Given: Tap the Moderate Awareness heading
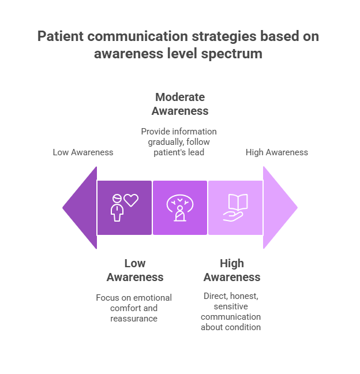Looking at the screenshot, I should coord(179,104).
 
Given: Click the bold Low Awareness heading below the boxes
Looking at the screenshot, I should coord(135,270).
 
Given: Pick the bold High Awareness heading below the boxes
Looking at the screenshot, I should coord(232,270).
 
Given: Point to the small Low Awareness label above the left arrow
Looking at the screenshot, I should coord(83,152).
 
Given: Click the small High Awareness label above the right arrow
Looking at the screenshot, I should coord(277,152).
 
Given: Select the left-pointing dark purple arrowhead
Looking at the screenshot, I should coord(80,208).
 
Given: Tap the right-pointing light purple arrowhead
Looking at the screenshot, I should coord(279,208).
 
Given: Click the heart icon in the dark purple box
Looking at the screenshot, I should coord(132,200).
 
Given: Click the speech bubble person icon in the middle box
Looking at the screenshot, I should coord(179,208).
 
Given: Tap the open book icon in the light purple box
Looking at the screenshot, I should coord(238,203).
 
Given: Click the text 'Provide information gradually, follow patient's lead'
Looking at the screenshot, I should coord(179,142).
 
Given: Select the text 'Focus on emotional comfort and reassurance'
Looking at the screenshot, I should coord(134,308).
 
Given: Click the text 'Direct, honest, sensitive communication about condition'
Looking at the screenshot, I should coord(231,312).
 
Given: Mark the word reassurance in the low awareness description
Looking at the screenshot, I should coord(134,319).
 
